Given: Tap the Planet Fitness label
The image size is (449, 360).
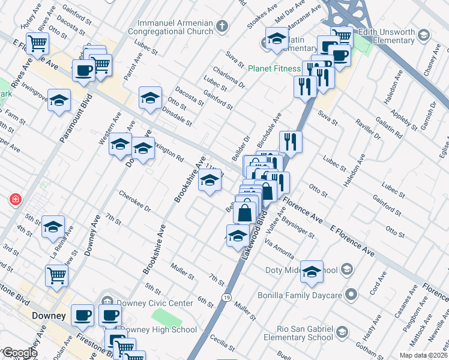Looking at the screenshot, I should click(274, 68).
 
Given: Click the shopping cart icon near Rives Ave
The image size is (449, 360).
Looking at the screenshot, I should click(37, 43).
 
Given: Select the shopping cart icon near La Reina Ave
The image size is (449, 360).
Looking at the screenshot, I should click(57, 275).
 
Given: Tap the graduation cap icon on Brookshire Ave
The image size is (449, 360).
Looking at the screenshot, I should click(209, 179).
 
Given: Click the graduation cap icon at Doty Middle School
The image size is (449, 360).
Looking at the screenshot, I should click(312, 272).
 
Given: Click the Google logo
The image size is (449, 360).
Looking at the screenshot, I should click(19, 353).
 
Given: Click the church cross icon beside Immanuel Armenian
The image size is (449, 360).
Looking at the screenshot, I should click(223, 26).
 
